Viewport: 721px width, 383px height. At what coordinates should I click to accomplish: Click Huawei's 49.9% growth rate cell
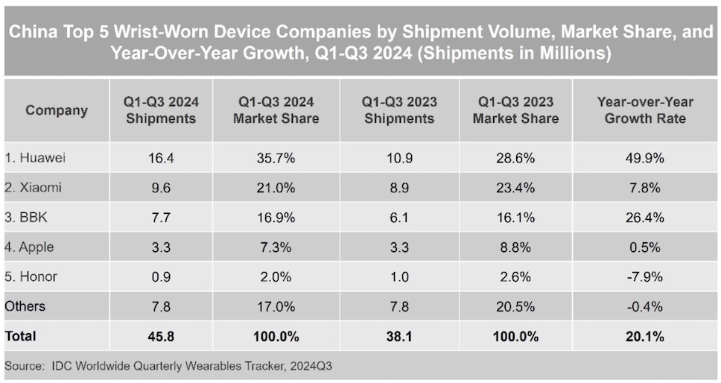(x=645, y=159)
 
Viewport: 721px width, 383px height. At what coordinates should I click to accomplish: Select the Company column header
(x=57, y=110)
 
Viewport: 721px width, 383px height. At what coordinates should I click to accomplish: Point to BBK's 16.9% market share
(x=276, y=218)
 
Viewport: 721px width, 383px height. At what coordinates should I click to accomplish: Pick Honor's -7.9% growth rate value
(x=645, y=277)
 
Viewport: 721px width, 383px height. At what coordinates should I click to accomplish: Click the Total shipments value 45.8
(x=161, y=337)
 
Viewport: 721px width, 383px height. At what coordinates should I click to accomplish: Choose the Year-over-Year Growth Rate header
(x=645, y=110)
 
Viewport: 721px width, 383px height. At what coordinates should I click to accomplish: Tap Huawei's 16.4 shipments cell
(x=161, y=159)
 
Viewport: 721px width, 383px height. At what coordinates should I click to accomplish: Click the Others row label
(x=25, y=306)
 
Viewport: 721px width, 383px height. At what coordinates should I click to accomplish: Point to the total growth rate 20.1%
(x=645, y=337)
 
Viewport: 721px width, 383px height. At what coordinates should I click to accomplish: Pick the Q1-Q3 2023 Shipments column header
(x=399, y=110)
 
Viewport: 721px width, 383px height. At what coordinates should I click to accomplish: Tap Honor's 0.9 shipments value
(x=161, y=277)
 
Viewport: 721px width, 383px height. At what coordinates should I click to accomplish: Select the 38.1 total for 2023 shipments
(x=399, y=337)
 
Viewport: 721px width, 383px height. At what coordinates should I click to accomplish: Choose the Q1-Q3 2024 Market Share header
(x=276, y=110)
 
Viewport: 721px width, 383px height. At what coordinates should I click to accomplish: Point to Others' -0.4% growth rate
(x=645, y=306)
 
